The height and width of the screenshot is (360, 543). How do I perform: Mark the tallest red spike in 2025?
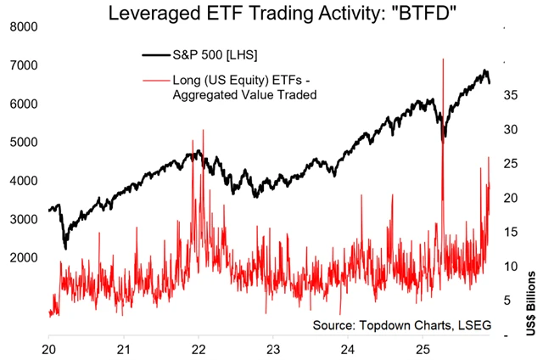click(443, 59)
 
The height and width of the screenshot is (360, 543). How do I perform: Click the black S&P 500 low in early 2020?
click(65, 247)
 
